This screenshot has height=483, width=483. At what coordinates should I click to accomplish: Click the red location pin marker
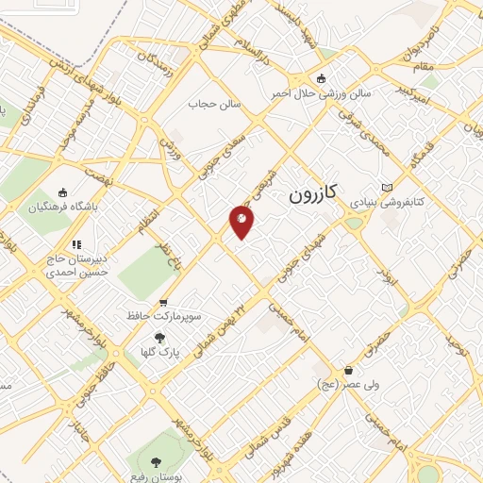[241, 221]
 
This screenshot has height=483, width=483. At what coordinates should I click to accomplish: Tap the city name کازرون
[310, 194]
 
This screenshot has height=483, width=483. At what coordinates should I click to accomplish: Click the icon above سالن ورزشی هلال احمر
[324, 78]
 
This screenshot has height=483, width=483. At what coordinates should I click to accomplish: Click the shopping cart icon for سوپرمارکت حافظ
[163, 303]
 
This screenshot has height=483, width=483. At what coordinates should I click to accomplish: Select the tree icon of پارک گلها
[158, 337]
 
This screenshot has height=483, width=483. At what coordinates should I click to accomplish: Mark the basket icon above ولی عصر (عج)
[350, 370]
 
